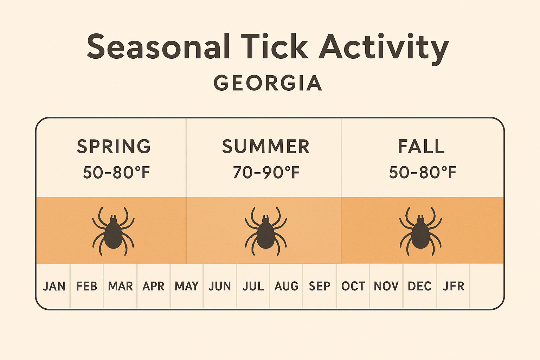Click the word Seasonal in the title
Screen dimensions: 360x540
(x=158, y=47)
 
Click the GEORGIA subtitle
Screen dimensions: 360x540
(x=268, y=83)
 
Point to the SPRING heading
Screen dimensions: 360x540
(x=114, y=147)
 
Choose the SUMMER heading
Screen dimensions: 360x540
(x=266, y=147)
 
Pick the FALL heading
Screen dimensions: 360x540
(x=421, y=147)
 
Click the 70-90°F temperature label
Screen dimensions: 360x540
(x=266, y=173)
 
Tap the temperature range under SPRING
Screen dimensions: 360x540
(x=116, y=173)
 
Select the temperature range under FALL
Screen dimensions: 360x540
(x=423, y=173)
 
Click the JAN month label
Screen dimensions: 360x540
(x=54, y=286)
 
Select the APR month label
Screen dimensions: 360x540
(x=153, y=286)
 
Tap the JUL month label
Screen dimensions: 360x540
(x=253, y=286)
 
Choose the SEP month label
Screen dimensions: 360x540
(x=320, y=286)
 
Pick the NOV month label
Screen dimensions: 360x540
(x=386, y=286)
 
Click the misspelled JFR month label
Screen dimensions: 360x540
(x=454, y=286)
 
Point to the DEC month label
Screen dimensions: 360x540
(x=419, y=286)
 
